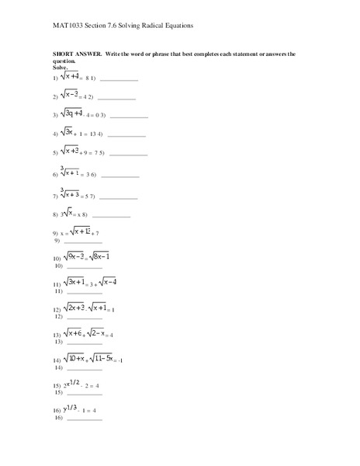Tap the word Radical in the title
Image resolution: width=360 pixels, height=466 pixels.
(x=137, y=26)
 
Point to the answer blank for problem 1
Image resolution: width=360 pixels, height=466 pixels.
(x=119, y=80)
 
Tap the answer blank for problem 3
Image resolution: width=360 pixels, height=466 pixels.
(x=129, y=116)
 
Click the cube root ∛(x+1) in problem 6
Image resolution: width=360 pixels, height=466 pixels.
(x=69, y=172)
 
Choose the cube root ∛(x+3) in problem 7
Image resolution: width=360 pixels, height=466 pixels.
(x=69, y=194)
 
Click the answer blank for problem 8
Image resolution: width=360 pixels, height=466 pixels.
(x=112, y=216)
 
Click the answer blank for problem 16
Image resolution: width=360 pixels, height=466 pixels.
(x=85, y=419)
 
